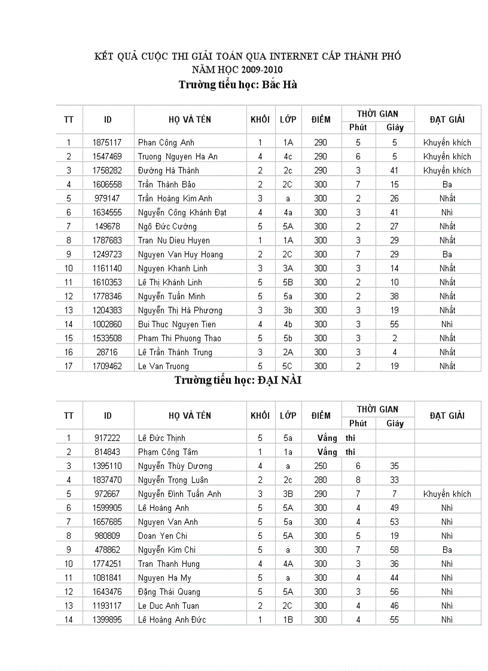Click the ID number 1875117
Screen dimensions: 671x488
click(108, 143)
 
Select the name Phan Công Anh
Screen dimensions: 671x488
click(166, 143)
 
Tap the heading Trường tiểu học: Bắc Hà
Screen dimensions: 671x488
click(238, 85)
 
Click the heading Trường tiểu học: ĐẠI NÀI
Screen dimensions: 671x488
click(237, 380)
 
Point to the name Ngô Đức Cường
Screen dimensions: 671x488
click(167, 226)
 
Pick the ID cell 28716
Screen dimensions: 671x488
click(108, 353)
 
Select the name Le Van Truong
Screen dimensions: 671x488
click(163, 366)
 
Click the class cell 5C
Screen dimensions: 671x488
click(288, 366)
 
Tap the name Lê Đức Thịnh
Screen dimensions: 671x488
click(161, 438)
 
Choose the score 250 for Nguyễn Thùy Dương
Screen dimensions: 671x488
click(321, 466)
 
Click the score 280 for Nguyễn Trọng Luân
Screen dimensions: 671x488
click(321, 480)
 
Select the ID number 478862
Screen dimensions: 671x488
click(108, 550)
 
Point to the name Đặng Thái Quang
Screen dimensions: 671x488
click(169, 592)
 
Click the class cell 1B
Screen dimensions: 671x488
click(288, 620)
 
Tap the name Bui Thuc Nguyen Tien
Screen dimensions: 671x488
click(176, 324)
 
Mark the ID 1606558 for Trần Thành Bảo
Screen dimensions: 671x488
click(108, 185)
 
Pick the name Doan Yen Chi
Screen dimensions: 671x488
click(162, 536)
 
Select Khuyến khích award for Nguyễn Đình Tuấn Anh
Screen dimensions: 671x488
click(447, 494)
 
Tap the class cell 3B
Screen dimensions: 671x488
click(288, 494)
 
